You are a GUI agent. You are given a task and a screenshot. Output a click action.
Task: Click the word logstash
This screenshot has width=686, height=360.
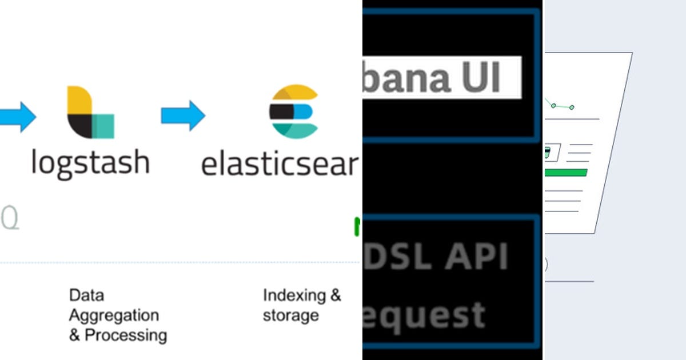(x=90, y=162)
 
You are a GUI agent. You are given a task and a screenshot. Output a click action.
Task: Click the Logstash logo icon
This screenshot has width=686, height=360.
(x=90, y=112)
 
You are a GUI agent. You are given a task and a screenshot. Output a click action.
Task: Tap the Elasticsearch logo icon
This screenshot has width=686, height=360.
(x=294, y=111)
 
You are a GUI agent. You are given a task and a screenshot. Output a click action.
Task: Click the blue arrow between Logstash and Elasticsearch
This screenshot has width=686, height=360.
(x=183, y=115)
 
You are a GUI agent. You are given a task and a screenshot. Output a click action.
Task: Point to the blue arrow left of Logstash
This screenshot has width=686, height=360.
(x=17, y=116)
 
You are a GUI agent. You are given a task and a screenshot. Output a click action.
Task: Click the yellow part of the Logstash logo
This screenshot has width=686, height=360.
(x=78, y=101)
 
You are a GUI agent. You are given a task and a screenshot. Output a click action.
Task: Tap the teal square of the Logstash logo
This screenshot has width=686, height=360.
(x=103, y=126)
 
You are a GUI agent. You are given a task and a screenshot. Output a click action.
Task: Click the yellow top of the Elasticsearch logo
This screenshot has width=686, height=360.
(x=295, y=93)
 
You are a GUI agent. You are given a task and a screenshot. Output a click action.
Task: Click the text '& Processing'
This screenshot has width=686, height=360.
(x=118, y=335)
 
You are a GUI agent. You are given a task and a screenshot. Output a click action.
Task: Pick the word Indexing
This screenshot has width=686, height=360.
(x=294, y=295)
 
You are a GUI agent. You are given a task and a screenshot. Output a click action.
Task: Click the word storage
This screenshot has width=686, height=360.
(x=290, y=315)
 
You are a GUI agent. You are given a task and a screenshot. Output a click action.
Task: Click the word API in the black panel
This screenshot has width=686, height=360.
(x=477, y=257)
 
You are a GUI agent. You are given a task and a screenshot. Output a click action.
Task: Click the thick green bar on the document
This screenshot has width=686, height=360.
(x=566, y=173)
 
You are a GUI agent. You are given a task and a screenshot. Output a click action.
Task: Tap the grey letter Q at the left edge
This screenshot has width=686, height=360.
(x=10, y=218)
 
